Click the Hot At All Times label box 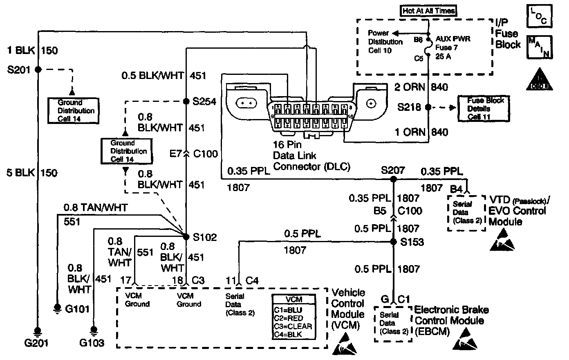click(x=428, y=11)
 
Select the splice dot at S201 click(x=38, y=70)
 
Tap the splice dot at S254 click(x=186, y=101)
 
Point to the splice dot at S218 click(x=428, y=108)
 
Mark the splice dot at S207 click(x=393, y=179)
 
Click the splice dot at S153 click(x=393, y=242)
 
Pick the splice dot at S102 click(x=186, y=236)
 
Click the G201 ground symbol click(x=38, y=331)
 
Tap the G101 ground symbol click(x=57, y=308)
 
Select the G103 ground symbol click(x=94, y=329)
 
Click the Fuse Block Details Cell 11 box click(x=486, y=108)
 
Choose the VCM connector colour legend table click(x=293, y=317)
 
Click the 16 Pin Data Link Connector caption click(x=311, y=155)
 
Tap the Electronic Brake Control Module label click(x=452, y=320)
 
